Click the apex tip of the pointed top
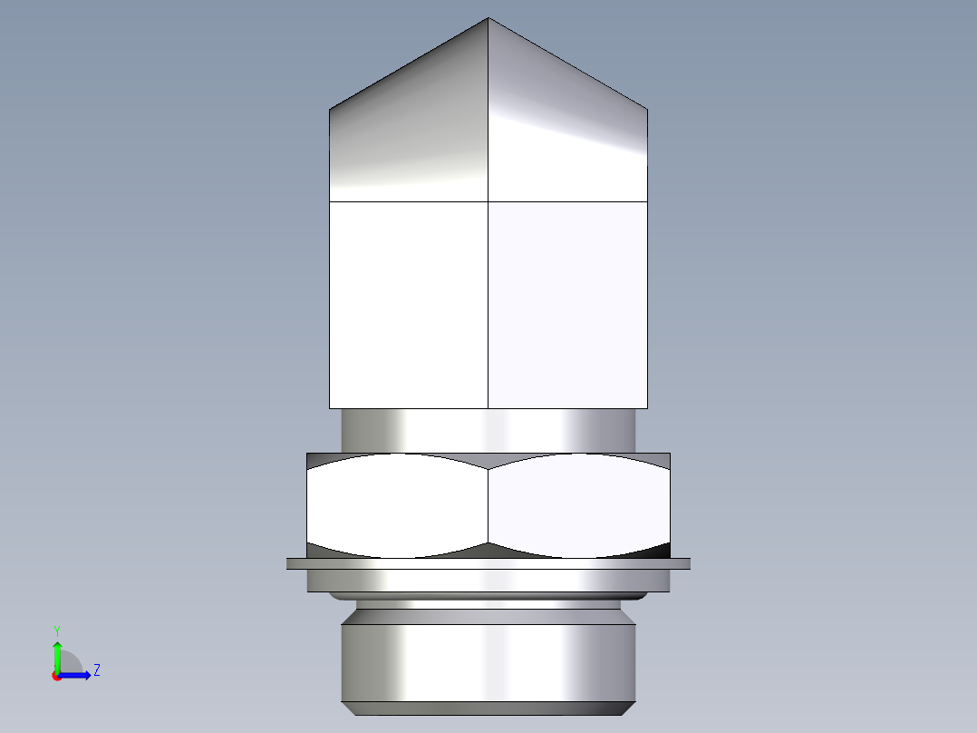pyautogui.click(x=488, y=20)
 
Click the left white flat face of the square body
pyautogui.click(x=409, y=304)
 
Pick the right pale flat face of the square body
pyautogui.click(x=567, y=304)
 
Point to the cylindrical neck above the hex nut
pyautogui.click(x=488, y=430)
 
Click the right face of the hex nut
pyautogui.click(x=580, y=505)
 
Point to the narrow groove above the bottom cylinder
pyautogui.click(x=488, y=604)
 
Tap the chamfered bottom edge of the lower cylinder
pyautogui.click(x=488, y=708)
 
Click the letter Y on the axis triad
pyautogui.click(x=57, y=630)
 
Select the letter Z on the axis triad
pyautogui.click(x=96, y=670)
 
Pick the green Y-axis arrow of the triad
pyautogui.click(x=57, y=653)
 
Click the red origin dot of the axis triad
pyautogui.click(x=56, y=676)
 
